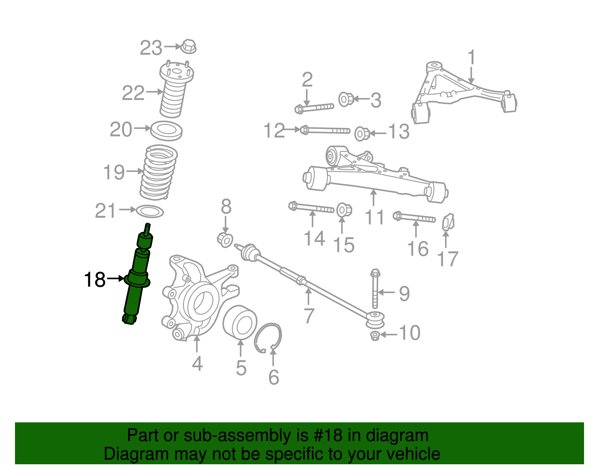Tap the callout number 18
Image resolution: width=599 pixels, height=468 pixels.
tap(94, 280)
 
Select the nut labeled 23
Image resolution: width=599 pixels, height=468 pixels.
tap(189, 47)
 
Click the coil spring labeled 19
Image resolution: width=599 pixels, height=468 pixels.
tap(159, 173)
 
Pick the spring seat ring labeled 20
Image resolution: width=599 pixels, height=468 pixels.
tap(166, 130)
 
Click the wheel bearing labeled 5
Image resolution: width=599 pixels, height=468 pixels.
tap(240, 323)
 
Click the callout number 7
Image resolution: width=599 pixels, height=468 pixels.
tap(308, 315)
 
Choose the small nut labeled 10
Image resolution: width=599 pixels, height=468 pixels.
tap(375, 335)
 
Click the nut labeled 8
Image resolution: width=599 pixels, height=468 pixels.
tap(225, 239)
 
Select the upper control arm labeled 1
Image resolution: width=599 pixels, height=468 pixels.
tap(464, 92)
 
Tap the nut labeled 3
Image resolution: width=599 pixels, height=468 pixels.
tap(346, 99)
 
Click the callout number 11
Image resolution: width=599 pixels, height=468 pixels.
tap(374, 217)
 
